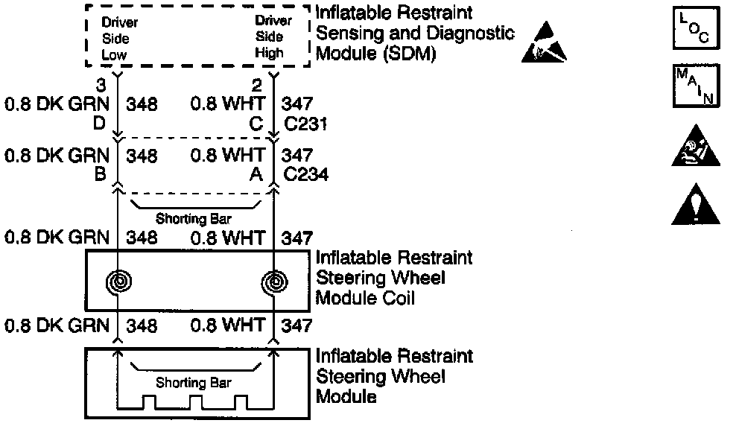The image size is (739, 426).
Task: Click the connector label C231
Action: [305, 124]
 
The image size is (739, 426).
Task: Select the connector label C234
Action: [305, 175]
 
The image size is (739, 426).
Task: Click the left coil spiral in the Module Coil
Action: [119, 282]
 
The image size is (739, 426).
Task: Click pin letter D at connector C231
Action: [98, 124]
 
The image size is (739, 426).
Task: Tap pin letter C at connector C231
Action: [256, 124]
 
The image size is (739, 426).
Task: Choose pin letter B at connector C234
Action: [98, 175]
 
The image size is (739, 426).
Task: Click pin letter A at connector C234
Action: [256, 175]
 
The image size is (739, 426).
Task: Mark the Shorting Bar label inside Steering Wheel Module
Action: [194, 384]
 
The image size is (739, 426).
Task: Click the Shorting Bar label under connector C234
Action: [194, 219]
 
